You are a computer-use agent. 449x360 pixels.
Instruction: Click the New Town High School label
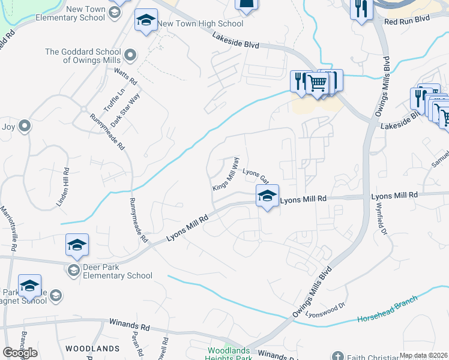tap(200, 24)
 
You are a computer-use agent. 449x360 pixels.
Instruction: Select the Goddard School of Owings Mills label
tap(91, 56)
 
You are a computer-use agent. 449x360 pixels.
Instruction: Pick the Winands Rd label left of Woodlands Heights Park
tap(129, 327)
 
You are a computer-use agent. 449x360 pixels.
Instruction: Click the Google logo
tap(20, 353)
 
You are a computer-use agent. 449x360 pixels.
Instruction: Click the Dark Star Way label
tap(125, 110)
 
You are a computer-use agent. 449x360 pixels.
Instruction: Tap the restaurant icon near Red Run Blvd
tap(361, 8)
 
